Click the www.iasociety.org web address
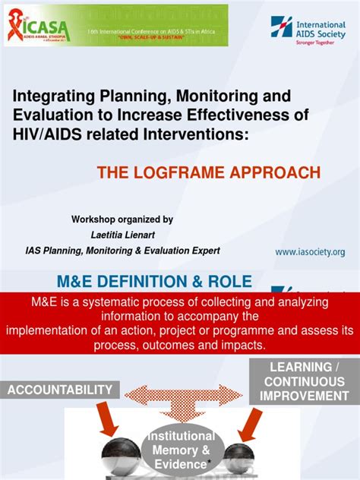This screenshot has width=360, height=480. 310,251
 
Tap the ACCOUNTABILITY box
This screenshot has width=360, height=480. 60,390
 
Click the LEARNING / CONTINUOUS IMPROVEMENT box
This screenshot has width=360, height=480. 305,381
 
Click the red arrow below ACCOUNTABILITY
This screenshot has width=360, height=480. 106,420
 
